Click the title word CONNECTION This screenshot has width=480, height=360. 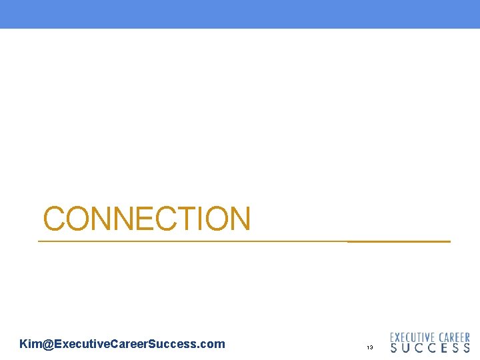[147, 219]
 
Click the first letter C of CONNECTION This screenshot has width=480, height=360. [55, 219]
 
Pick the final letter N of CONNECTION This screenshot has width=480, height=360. [239, 219]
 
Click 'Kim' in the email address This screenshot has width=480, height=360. [31, 344]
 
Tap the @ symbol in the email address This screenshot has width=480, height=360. [47, 344]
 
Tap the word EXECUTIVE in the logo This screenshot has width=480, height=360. [413, 337]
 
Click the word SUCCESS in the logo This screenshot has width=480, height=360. [430, 348]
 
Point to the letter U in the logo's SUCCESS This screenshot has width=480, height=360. [407, 348]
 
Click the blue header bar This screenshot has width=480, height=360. [240, 14]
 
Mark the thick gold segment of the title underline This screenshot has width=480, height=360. [399, 241]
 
